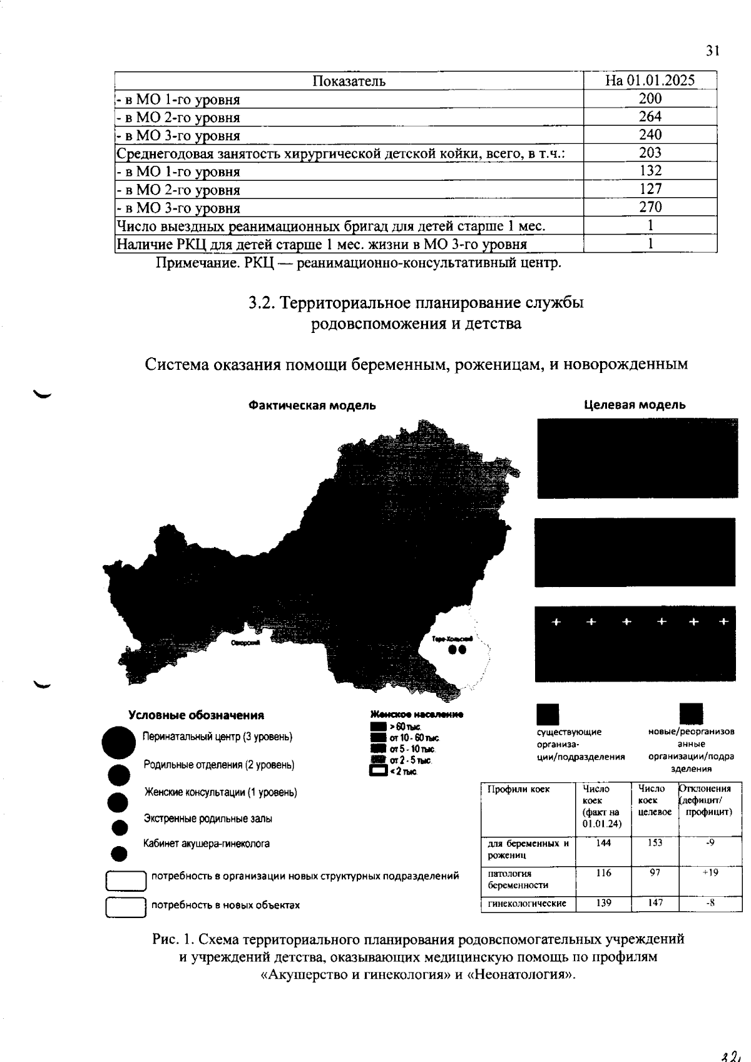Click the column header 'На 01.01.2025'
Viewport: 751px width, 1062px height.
(650, 81)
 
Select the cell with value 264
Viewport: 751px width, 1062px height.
(650, 116)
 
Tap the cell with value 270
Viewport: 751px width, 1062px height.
(650, 207)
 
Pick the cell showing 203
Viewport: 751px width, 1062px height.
(650, 153)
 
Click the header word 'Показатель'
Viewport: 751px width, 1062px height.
(349, 81)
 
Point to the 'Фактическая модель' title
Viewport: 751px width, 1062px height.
(312, 406)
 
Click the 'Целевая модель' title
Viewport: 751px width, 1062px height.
(635, 405)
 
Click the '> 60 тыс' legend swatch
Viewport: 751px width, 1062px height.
(378, 727)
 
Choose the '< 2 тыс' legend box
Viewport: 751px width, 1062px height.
(378, 772)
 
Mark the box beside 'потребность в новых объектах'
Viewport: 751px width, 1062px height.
(125, 907)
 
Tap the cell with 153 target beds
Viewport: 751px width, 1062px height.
(655, 843)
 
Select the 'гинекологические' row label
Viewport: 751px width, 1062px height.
(527, 903)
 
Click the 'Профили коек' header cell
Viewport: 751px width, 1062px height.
(518, 790)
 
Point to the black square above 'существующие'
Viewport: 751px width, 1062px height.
(548, 714)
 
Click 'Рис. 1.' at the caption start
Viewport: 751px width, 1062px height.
(173, 939)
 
